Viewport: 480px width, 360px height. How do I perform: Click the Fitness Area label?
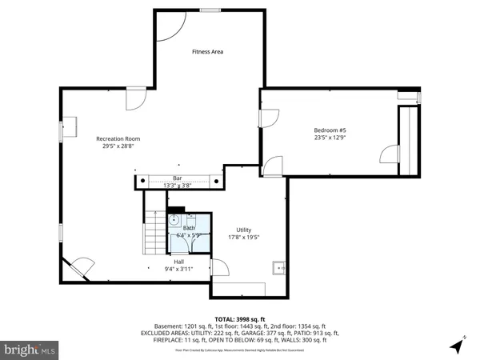click(x=207, y=51)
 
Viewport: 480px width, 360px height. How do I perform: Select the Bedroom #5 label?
click(x=330, y=130)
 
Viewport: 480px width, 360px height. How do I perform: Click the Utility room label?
click(x=243, y=230)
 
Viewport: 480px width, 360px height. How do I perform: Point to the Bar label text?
click(x=177, y=178)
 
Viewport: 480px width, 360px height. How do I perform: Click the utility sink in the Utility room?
click(x=279, y=268)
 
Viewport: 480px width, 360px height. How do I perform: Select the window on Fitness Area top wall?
click(x=210, y=10)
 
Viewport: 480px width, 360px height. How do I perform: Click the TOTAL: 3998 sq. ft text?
click(x=240, y=319)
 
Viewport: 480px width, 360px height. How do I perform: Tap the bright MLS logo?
click(x=30, y=350)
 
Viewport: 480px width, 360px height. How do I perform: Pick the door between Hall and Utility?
click(x=214, y=269)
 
